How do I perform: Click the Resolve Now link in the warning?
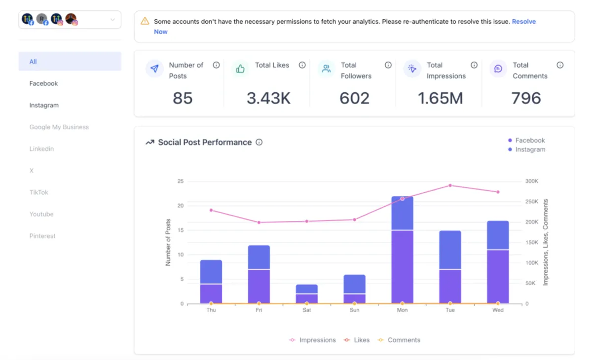(523, 22)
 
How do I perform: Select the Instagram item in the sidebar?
(44, 105)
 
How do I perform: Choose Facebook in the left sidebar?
(43, 83)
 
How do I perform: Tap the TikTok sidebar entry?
(39, 192)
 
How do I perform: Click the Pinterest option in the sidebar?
(42, 236)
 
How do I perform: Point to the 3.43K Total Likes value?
(268, 98)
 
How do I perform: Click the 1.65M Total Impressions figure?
(440, 98)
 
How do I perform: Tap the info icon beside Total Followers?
(388, 65)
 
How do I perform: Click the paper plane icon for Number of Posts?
(155, 69)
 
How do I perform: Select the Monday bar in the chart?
(402, 250)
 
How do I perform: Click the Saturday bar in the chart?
(307, 294)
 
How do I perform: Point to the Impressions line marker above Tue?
(450, 185)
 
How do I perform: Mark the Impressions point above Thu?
(211, 210)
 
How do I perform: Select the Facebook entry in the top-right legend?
(530, 141)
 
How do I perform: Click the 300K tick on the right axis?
(532, 181)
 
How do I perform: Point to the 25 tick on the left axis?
(180, 181)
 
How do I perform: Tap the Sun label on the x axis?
(354, 310)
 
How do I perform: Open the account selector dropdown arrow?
(112, 20)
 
